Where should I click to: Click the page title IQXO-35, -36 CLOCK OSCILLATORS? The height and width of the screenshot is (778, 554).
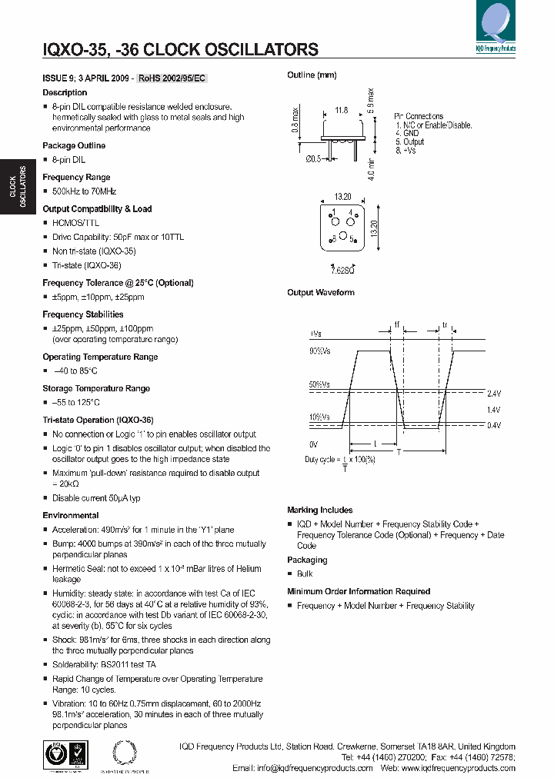click(x=180, y=50)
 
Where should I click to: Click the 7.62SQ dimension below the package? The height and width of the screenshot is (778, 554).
click(x=342, y=270)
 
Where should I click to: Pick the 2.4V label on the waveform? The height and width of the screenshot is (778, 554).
click(x=493, y=393)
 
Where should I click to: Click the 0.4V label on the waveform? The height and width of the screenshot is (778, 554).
click(x=493, y=425)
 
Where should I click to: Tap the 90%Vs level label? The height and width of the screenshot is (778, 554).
click(x=321, y=351)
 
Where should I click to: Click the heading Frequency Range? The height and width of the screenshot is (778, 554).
click(x=76, y=177)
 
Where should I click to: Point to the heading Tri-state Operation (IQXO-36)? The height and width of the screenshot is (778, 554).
click(x=98, y=421)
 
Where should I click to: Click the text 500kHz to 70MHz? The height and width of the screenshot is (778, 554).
click(x=84, y=191)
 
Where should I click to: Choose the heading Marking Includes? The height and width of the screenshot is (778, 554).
click(x=319, y=510)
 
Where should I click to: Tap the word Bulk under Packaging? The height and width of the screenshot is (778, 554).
click(x=304, y=574)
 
